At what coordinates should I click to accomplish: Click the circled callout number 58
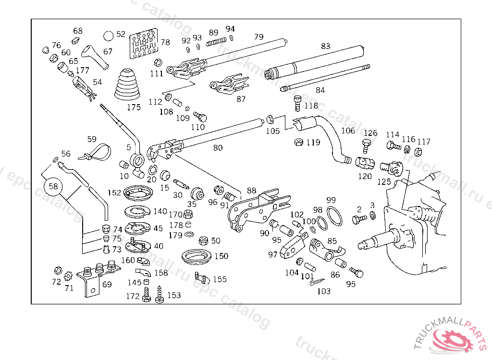coord(53,185)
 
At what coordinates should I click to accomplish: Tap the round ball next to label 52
coord(109,36)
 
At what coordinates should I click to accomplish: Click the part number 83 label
coord(326,47)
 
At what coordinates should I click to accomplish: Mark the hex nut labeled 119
coord(298,143)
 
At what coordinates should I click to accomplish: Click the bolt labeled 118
coord(297,102)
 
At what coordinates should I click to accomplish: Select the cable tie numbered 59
coord(98,153)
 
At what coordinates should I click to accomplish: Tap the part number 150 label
coord(221,256)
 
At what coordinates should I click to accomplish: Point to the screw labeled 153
coord(160,294)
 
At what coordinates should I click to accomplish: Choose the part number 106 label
coord(348,131)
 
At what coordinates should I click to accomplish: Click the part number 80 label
coord(218,148)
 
